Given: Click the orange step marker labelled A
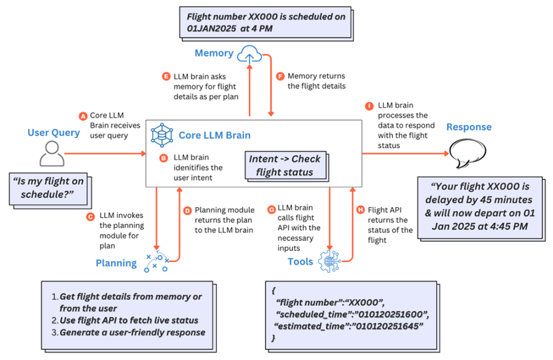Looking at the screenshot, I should (x=83, y=116).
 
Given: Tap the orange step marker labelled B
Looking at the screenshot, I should (x=163, y=157).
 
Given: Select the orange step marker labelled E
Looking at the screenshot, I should (x=166, y=76).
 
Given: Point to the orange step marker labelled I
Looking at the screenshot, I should (x=370, y=106).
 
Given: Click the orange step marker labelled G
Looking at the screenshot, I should (x=272, y=208).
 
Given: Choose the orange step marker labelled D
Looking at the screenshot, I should (x=187, y=210).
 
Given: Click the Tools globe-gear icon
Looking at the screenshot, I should (x=329, y=261).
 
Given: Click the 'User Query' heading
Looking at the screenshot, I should (x=54, y=133).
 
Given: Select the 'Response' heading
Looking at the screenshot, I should (x=469, y=127).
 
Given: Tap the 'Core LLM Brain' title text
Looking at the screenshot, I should (x=215, y=135).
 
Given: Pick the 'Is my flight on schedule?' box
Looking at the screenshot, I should (x=46, y=186).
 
